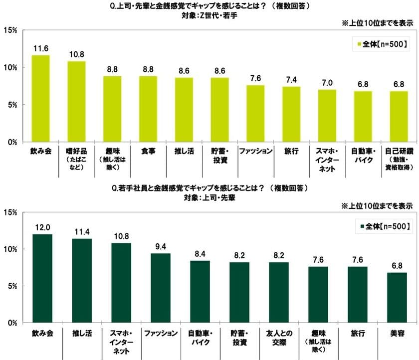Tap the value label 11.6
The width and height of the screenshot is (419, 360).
[41, 48]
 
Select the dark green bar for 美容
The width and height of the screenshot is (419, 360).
[397, 298]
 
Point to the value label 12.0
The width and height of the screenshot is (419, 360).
[41, 227]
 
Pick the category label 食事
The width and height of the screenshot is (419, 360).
[148, 151]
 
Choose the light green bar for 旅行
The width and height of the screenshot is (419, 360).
[291, 114]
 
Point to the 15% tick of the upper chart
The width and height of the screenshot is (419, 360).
[10, 30]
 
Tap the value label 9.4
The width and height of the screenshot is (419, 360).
[160, 246]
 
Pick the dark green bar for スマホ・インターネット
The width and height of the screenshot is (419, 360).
[121, 283]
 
